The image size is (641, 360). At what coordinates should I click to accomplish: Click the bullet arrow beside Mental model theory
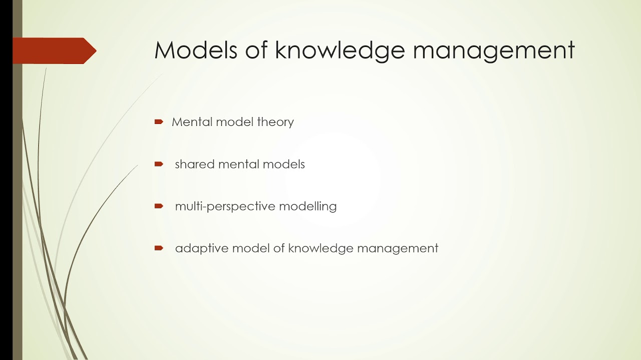click(x=159, y=121)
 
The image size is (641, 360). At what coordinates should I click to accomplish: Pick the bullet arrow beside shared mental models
click(x=159, y=164)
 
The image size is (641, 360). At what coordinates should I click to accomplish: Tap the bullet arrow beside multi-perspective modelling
click(x=159, y=206)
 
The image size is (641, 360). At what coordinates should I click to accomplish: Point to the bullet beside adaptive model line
click(x=159, y=248)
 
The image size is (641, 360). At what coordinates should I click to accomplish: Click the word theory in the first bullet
click(x=275, y=122)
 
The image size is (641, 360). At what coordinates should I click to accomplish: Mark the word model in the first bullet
click(x=234, y=121)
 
